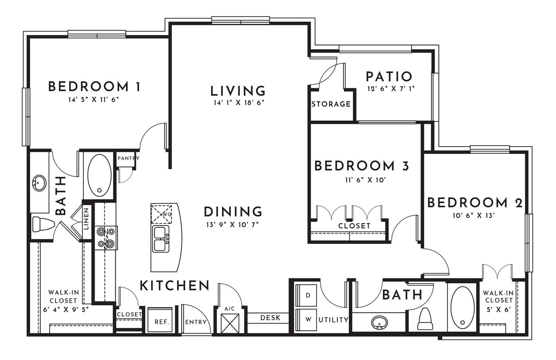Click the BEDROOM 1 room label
[94, 87]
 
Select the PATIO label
[389, 77]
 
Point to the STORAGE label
[331, 104]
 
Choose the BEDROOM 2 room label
[475, 203]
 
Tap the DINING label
[233, 212]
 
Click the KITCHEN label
[174, 286]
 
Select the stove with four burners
[105, 238]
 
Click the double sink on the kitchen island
[161, 239]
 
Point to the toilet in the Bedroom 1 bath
[43, 224]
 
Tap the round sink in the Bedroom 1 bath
[39, 183]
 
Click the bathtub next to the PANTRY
[99, 175]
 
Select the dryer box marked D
[306, 295]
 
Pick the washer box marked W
[306, 320]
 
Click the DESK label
[270, 318]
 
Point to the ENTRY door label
[196, 322]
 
